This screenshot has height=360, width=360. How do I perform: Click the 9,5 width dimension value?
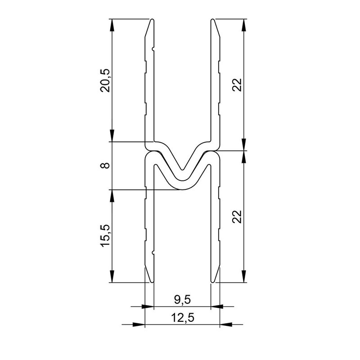(182, 298)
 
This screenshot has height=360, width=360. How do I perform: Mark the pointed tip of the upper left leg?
(152, 20)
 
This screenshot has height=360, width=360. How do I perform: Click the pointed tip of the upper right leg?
(213, 20)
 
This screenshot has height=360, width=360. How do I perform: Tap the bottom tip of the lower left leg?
(152, 282)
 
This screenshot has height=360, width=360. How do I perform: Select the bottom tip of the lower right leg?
(213, 282)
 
